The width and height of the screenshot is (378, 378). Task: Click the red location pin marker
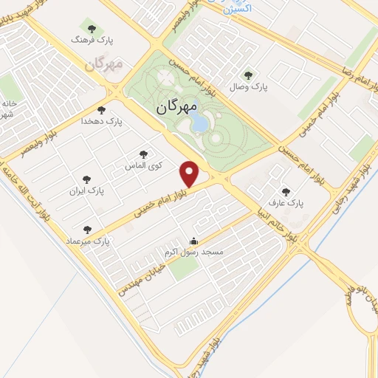pos(190,173)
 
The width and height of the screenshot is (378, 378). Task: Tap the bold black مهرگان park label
pos(177,107)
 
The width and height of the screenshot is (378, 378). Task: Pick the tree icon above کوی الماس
pos(142,154)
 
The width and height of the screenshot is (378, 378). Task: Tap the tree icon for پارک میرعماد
pos(89,230)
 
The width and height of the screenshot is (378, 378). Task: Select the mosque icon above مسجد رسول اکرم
pos(194,241)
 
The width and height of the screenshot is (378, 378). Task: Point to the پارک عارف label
pos(286,202)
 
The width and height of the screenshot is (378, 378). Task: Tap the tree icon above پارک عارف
pos(286,191)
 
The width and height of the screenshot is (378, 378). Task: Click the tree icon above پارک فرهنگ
pos(91,29)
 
